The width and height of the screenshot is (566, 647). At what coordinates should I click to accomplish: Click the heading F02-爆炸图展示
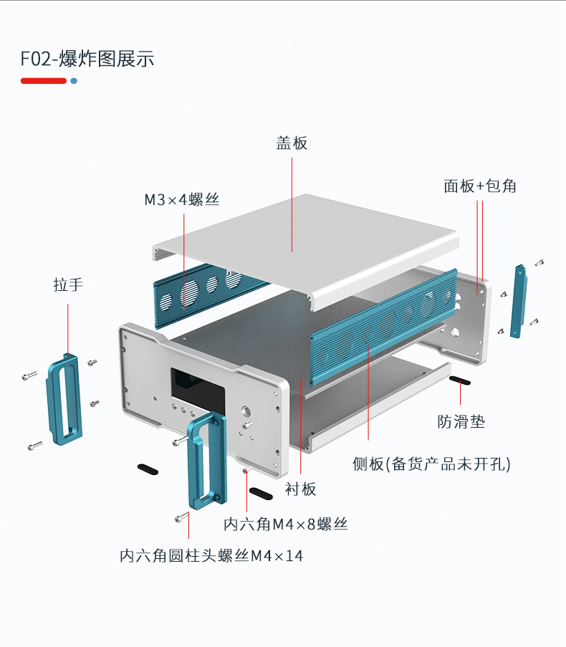(87, 59)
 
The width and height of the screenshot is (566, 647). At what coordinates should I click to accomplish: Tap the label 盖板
(292, 143)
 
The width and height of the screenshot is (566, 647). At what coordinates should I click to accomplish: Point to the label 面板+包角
(479, 186)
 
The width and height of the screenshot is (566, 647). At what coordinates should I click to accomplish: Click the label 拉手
(68, 284)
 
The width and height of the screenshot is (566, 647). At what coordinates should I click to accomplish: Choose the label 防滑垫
(461, 421)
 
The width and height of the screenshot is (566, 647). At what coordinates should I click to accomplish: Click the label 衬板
(300, 489)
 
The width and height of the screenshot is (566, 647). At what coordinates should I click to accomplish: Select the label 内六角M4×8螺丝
(285, 524)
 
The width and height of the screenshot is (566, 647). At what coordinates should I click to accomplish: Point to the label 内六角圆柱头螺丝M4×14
(211, 555)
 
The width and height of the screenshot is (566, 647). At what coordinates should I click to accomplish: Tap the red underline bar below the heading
(44, 81)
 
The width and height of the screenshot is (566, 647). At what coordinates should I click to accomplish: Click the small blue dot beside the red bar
(74, 81)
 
